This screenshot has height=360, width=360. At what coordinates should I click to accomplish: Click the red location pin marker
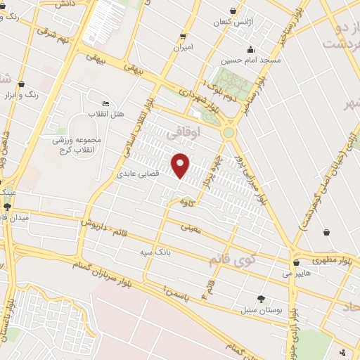click(x=181, y=165)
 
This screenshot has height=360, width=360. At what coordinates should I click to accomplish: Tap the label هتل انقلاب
click(x=106, y=113)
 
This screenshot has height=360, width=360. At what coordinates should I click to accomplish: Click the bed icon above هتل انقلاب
click(x=106, y=103)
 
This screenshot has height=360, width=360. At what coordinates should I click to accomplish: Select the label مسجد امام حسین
click(x=252, y=60)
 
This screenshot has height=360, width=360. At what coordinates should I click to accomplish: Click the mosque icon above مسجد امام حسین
click(x=251, y=49)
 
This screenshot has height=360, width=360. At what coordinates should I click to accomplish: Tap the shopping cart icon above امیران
click(x=184, y=37)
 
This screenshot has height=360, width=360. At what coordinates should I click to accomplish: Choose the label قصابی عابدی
click(x=138, y=172)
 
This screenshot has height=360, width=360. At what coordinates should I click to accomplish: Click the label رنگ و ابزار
click(x=22, y=94)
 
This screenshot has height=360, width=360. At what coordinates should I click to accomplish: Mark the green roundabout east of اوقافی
click(x=229, y=132)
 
